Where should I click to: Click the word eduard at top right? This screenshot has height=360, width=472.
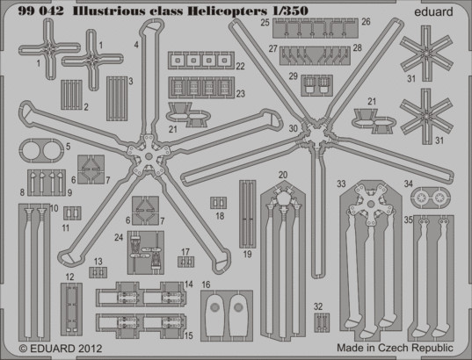(433, 11)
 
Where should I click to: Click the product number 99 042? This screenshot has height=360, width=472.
(41, 11)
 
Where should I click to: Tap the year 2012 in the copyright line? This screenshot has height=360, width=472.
(91, 349)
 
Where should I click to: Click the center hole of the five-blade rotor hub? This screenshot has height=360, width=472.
(149, 156)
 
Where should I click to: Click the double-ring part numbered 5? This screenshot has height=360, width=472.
(41, 150)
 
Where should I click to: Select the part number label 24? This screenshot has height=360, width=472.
(119, 237)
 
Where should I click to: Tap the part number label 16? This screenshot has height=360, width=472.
(206, 284)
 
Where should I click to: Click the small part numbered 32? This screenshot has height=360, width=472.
(322, 322)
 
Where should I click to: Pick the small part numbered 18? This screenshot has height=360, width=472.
(219, 203)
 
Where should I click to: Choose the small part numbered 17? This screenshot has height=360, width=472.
(185, 262)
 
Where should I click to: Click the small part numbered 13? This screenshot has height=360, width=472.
(98, 272)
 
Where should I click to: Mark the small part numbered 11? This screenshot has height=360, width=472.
(72, 213)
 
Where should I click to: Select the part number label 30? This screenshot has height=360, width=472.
(293, 128)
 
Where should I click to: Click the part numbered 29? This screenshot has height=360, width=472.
(316, 85)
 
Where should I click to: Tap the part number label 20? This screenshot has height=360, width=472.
(283, 175)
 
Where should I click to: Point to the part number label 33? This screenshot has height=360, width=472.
(341, 184)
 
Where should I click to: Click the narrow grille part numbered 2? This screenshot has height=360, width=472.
(72, 95)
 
